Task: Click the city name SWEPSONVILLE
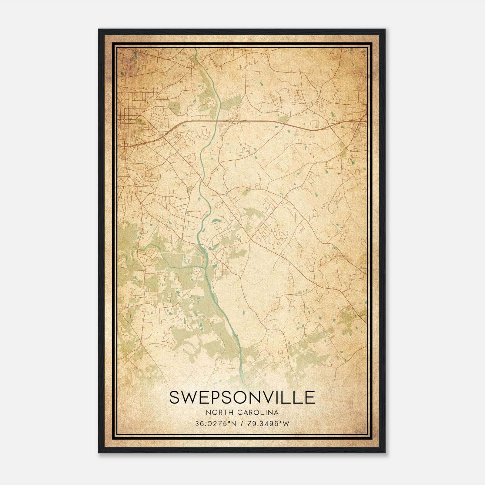click(x=242, y=397)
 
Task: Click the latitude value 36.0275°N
click(x=215, y=424)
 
